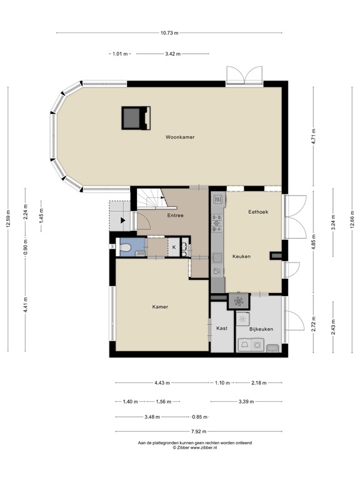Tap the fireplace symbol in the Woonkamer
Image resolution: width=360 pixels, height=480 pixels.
(x=136, y=117)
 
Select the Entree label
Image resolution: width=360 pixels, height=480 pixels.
(x=175, y=216)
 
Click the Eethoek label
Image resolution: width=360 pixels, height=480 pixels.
(x=257, y=212)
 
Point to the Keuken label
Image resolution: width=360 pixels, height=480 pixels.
(x=241, y=256)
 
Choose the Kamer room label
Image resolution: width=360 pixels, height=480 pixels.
(x=160, y=307)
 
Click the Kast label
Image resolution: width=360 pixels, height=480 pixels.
(x=221, y=328)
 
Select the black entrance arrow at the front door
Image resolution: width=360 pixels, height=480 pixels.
(x=123, y=220)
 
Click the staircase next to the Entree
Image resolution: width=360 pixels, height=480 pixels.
(x=150, y=201)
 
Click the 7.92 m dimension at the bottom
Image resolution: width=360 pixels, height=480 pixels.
(x=199, y=431)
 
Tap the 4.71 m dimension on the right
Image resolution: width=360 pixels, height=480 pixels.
(x=314, y=136)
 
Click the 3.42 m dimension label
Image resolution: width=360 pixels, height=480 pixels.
(x=172, y=54)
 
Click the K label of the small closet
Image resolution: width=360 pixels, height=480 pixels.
(x=174, y=248)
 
